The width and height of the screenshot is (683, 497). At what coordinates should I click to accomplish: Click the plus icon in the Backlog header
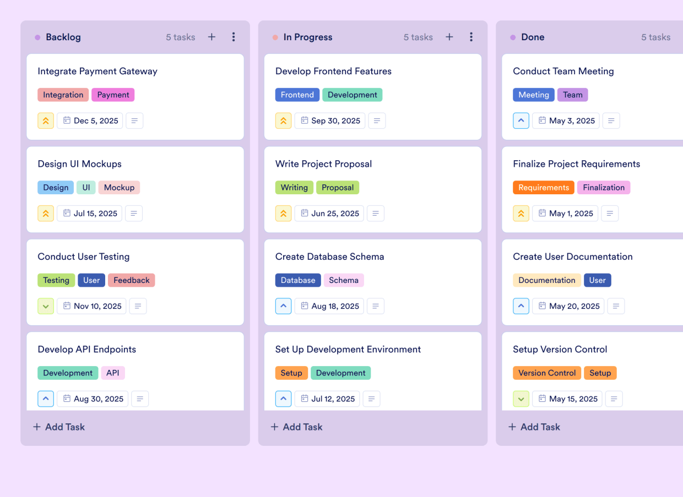click(212, 37)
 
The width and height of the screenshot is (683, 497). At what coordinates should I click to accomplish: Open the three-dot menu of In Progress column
click(471, 37)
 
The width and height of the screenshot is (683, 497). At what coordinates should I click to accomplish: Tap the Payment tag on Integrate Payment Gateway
click(113, 95)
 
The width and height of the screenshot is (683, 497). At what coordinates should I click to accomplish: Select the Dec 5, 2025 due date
click(90, 121)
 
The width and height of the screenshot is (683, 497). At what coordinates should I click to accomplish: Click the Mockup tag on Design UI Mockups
click(119, 188)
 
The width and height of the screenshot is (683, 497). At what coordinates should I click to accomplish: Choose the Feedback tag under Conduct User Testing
click(131, 280)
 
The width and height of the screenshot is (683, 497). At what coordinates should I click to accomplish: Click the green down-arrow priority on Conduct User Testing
click(46, 306)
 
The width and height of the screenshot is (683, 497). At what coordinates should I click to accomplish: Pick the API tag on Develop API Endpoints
click(113, 373)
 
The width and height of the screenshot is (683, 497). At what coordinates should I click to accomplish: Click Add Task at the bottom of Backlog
click(59, 427)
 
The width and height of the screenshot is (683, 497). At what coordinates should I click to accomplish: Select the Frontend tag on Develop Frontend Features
click(297, 95)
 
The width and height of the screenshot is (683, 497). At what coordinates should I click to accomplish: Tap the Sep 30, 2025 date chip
click(329, 121)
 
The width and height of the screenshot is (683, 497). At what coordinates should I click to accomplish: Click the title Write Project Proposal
click(323, 164)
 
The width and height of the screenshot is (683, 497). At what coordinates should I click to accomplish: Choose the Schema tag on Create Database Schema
click(344, 280)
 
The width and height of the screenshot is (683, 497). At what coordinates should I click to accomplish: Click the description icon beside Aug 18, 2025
click(376, 306)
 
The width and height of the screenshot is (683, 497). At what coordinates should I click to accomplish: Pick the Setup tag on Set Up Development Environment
click(291, 373)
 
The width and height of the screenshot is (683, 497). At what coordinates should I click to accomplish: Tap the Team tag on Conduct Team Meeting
click(572, 95)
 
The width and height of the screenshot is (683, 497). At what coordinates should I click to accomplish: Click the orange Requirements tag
click(543, 188)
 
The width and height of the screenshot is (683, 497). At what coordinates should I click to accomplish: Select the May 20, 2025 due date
click(568, 306)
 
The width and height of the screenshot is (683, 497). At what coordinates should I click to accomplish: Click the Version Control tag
click(547, 373)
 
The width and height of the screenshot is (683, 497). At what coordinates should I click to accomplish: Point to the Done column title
click(533, 37)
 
